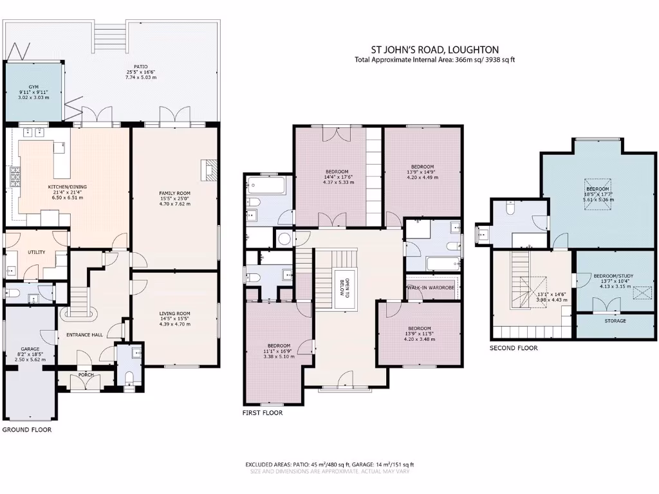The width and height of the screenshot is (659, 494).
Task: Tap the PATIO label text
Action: (141, 66)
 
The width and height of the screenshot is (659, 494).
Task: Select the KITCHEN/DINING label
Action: (68, 187)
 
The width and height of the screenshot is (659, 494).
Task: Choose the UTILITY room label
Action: (36, 252)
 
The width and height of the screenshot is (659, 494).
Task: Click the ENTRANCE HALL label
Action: (80, 334)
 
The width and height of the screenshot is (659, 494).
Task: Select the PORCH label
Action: (86, 374)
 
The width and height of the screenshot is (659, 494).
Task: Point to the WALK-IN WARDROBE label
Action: (431, 288)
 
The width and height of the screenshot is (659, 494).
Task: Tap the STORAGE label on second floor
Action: (615, 320)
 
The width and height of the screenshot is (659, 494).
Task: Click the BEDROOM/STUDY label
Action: (613, 276)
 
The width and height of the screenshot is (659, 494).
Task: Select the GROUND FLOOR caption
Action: (27, 429)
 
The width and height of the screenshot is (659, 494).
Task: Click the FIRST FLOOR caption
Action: (262, 413)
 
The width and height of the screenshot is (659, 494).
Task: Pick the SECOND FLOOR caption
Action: (514, 348)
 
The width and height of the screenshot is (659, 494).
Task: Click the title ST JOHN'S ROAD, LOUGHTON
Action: (434, 50)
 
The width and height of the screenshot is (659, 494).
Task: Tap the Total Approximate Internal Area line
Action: (434, 60)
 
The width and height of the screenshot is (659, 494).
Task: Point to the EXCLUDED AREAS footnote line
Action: (329, 464)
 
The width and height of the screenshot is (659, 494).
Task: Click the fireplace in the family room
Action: (210, 170)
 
